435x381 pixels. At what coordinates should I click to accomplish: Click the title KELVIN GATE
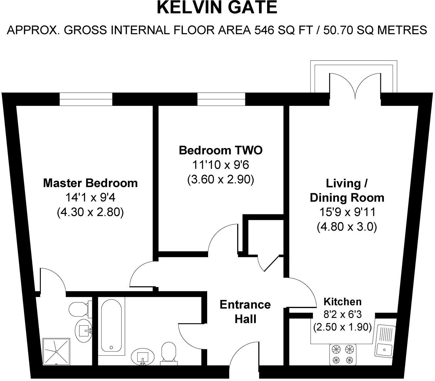click(x=217, y=8)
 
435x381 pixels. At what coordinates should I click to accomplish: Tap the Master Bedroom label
click(x=90, y=183)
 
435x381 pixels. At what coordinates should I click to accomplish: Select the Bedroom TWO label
click(x=220, y=150)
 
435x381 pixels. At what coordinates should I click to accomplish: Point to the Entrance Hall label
click(x=245, y=312)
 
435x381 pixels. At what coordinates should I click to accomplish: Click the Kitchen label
click(x=342, y=302)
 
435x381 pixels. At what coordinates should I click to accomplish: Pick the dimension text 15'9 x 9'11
click(x=347, y=212)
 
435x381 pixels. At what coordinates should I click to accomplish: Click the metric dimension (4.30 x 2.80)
click(x=90, y=212)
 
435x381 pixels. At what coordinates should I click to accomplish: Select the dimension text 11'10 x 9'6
click(x=220, y=165)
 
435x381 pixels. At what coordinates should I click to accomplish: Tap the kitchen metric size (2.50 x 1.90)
click(x=342, y=327)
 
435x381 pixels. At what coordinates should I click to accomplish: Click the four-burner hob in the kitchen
click(x=343, y=354)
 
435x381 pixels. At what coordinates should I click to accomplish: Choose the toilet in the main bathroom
click(x=169, y=352)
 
